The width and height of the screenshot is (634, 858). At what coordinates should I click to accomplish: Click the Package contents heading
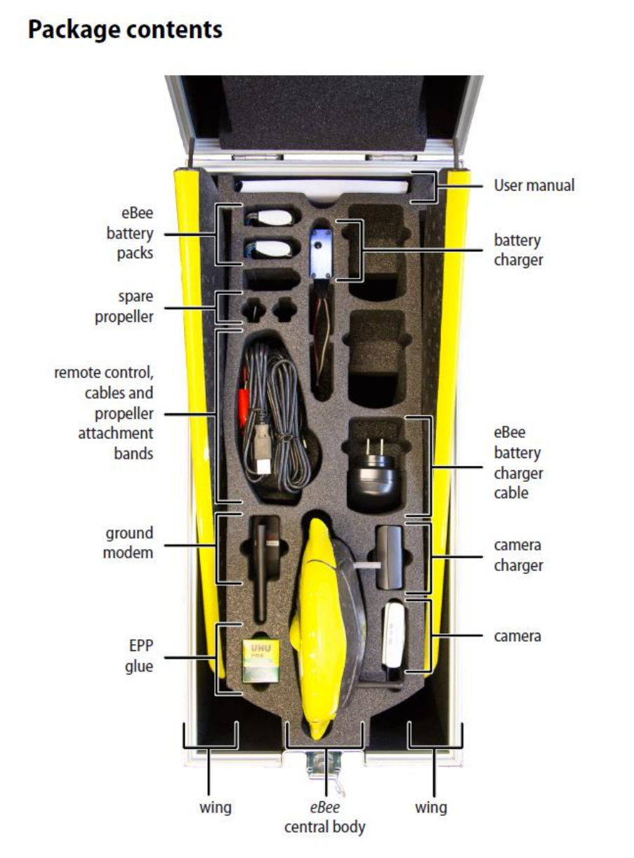tap(125, 30)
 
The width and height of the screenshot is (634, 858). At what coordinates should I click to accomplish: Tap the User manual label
tap(534, 186)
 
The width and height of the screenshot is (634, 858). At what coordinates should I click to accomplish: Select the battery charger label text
tap(517, 250)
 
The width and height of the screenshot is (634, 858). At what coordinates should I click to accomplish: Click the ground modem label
tap(128, 543)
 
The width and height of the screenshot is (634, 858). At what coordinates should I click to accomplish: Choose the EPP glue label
tap(138, 656)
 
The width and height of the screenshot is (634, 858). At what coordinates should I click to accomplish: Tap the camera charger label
tap(517, 555)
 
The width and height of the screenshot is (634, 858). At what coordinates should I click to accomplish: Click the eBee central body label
tap(324, 817)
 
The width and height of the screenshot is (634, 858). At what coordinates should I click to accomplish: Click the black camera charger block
tap(390, 557)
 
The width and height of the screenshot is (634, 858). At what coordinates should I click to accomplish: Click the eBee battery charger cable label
tap(517, 462)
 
